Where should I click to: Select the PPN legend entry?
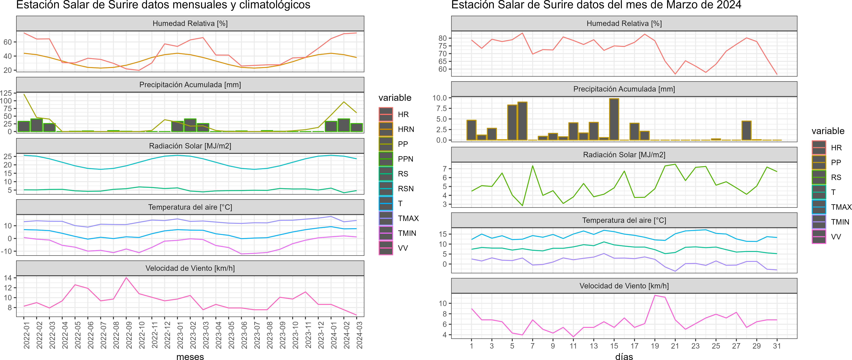405,159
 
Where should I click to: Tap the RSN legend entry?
405,189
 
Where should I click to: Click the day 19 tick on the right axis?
655,346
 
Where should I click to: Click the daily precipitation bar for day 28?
747,131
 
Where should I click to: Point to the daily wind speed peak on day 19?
655,296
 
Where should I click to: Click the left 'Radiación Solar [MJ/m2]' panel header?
190,146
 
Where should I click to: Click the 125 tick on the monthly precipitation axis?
6,93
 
